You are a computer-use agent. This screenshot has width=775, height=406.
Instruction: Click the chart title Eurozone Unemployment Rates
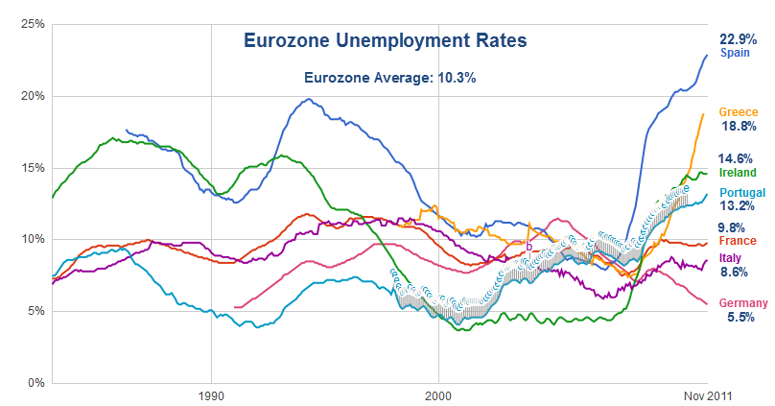coord(385,41)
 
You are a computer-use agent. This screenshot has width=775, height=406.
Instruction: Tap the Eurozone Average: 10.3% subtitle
coord(389,78)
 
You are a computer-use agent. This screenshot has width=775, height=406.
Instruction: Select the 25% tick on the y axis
coord(33,24)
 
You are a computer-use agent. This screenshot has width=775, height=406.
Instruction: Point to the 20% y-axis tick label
coord(33,96)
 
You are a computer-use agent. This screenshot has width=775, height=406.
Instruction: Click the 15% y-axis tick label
coord(33,168)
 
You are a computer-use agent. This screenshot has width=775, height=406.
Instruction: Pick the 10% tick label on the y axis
coord(33,239)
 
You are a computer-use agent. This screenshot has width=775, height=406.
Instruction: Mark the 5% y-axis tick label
coord(35,311)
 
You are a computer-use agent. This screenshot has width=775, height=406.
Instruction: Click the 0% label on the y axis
coord(35,383)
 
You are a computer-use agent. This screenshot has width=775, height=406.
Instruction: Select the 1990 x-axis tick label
coord(211,394)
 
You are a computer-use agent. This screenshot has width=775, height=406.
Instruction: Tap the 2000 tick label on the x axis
coord(438,394)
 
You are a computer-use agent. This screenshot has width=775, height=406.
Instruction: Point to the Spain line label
coord(735,54)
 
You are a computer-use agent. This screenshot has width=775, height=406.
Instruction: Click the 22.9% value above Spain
coord(739,39)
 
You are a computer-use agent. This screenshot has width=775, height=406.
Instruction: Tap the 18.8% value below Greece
coord(739,127)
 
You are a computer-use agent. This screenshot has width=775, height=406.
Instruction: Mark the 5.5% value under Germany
coord(738,318)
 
